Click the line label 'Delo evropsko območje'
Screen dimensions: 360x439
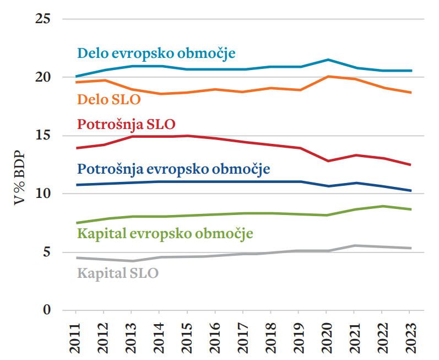156,53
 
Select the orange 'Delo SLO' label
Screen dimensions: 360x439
109,100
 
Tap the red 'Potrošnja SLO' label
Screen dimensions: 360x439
129,123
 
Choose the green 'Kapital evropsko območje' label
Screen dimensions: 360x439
165,233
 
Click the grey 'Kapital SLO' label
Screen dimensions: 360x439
118,272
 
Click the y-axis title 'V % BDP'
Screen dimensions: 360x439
20,170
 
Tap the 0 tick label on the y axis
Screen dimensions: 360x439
46,310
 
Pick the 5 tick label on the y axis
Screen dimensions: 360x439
46,252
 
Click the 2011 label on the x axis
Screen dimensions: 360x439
76,337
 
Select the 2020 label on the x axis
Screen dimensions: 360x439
326,337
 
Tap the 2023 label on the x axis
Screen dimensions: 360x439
409,337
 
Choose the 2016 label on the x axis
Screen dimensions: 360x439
215,337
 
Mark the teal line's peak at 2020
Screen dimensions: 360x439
328,60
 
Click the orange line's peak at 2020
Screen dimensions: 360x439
328,77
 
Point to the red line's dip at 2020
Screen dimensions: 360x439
328,161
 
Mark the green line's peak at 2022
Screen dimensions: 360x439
382,206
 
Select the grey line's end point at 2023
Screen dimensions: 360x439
410,248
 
